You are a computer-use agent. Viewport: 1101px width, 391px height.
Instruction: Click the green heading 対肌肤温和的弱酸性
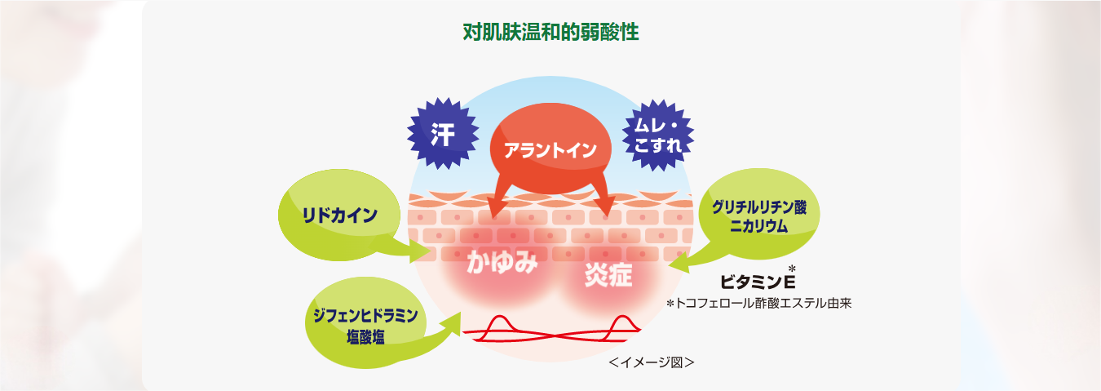[550, 33]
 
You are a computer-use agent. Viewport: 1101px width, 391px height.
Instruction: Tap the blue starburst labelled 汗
[443, 133]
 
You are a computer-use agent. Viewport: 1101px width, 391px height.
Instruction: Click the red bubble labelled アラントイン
[550, 150]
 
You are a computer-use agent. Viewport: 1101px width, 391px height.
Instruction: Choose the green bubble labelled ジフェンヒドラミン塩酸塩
[365, 324]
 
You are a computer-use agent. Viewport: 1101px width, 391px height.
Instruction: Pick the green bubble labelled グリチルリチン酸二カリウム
[758, 216]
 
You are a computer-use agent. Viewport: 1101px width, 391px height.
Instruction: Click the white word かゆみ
[502, 263]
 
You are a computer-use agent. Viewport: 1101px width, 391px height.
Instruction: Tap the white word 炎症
[608, 275]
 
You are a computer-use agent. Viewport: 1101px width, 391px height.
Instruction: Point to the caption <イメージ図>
[651, 361]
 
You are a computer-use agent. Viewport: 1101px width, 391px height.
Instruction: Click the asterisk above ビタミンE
[792, 269]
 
